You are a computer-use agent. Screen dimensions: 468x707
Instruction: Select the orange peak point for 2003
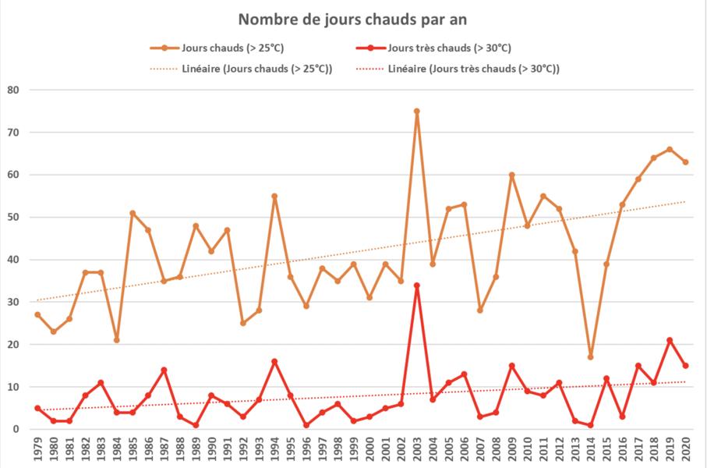[x=417, y=111]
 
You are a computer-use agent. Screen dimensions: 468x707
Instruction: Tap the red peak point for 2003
[x=417, y=285]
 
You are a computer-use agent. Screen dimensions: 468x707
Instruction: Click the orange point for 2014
[x=590, y=357]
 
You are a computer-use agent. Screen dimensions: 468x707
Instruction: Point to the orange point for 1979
[x=37, y=314]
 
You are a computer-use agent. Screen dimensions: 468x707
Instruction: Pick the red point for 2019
[x=670, y=340]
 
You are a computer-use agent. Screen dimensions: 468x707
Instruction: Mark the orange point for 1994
[x=274, y=196]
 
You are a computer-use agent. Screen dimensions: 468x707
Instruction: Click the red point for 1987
[x=164, y=370]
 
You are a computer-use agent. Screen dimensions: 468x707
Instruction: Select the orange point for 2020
[x=685, y=162]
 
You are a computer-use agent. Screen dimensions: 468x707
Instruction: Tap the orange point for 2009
[x=511, y=175]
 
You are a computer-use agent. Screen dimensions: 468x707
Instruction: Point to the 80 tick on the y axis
[x=13, y=90]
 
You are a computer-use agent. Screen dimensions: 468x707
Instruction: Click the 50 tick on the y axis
[x=13, y=218]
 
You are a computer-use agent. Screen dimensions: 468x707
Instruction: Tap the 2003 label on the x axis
[x=417, y=451]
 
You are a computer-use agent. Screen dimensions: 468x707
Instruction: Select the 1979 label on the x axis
[x=37, y=451]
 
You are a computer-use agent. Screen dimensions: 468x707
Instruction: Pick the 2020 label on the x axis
[x=686, y=451]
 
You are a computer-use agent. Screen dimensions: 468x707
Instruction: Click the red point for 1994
[x=274, y=361]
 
